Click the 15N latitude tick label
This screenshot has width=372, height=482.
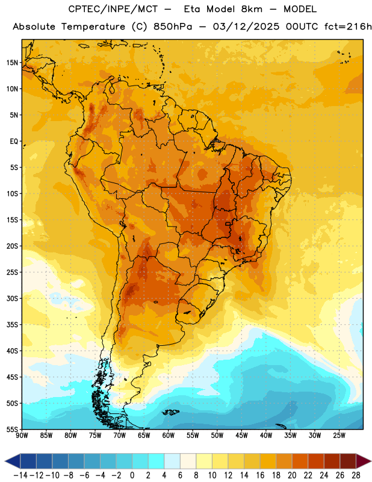[x=12, y=63]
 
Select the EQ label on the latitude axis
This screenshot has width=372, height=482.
[x=14, y=142]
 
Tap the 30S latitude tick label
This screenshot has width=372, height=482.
[x=12, y=298]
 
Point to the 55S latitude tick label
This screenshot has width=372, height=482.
[x=12, y=429]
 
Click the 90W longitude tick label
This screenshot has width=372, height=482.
[x=22, y=435]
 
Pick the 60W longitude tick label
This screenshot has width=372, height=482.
[x=169, y=435]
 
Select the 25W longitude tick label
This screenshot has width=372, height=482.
[x=339, y=435]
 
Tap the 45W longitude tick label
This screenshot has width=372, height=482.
[x=241, y=435]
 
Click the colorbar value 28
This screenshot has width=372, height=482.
[x=356, y=475]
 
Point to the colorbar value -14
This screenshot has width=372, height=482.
[x=20, y=475]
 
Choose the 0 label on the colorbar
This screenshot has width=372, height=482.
[x=132, y=475]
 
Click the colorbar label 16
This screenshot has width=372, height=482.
[x=260, y=475]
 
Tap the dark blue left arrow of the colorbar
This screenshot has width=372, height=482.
[x=13, y=461]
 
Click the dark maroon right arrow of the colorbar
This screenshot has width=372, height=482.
[x=364, y=461]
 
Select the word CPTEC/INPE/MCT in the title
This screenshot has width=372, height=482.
[x=113, y=9]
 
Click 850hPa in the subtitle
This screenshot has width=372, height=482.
[x=173, y=27]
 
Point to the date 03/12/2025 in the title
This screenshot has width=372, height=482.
[x=246, y=27]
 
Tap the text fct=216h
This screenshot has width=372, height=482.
[x=348, y=27]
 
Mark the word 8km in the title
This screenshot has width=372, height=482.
[x=252, y=9]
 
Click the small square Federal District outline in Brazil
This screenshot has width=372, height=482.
[x=228, y=224]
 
